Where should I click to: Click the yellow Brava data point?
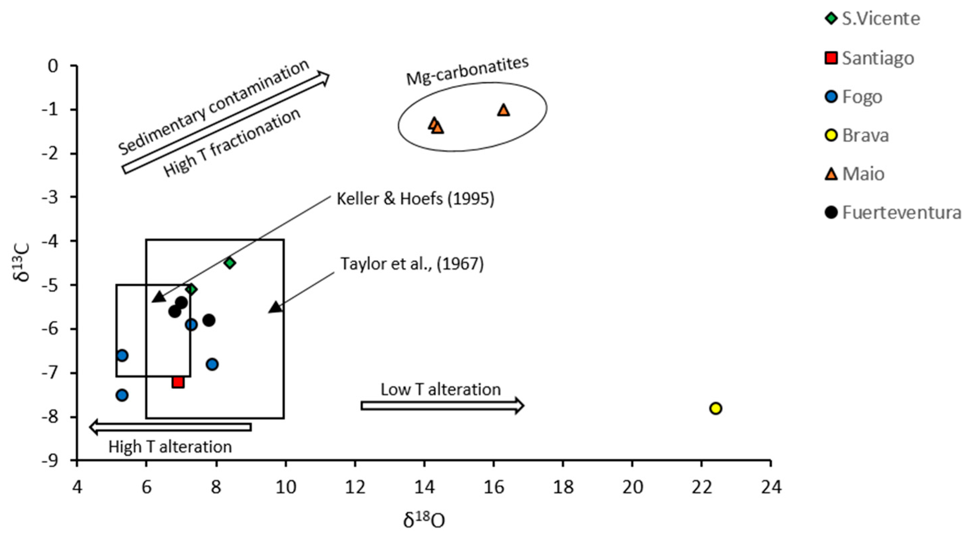[715, 408]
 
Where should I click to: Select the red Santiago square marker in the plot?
[178, 382]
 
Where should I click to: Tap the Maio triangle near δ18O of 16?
[503, 110]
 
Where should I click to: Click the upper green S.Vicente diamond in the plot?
[230, 263]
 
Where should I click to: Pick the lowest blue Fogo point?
[122, 395]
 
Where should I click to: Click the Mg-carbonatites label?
[467, 70]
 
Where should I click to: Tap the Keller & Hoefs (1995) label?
[415, 199]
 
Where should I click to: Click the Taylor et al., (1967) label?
[412, 264]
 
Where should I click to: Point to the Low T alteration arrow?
[442, 405]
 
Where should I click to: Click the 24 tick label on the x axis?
[771, 487]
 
